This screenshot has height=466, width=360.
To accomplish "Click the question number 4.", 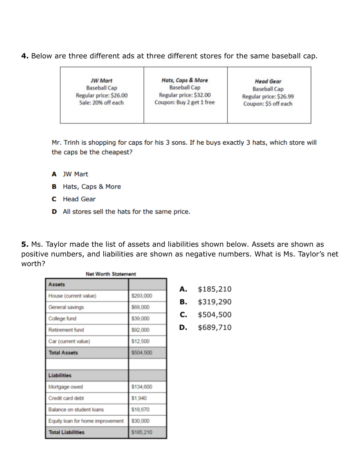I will click(x=25, y=56).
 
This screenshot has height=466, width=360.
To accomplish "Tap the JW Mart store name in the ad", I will click(x=101, y=81).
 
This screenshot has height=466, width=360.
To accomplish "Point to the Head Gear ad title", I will click(x=268, y=81).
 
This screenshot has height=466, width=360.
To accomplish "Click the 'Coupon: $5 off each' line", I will click(x=268, y=104).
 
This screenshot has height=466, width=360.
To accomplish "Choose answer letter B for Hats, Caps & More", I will click(x=54, y=187).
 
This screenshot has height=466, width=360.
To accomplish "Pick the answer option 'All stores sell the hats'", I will click(x=126, y=212).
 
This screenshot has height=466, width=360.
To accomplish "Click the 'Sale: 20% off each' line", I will click(x=101, y=103).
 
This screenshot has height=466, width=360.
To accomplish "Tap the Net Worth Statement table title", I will click(x=111, y=274).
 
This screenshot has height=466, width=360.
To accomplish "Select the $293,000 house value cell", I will click(x=142, y=296).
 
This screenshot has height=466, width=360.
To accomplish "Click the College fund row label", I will click(x=63, y=319).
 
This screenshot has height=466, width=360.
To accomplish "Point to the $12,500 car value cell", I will click(x=140, y=342).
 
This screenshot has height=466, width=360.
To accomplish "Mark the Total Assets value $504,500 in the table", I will click(x=142, y=353).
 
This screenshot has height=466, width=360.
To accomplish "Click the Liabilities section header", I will click(x=60, y=375).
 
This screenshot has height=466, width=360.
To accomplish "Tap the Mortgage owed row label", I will click(x=65, y=387).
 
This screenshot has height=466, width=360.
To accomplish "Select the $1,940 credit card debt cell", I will click(x=139, y=398).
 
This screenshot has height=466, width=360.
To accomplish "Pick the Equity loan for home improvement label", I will click(x=86, y=421).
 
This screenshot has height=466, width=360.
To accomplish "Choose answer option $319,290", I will click(x=214, y=302).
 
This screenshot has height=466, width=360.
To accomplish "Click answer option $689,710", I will click(x=214, y=328).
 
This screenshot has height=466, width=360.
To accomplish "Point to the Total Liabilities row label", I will click(x=67, y=433).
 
